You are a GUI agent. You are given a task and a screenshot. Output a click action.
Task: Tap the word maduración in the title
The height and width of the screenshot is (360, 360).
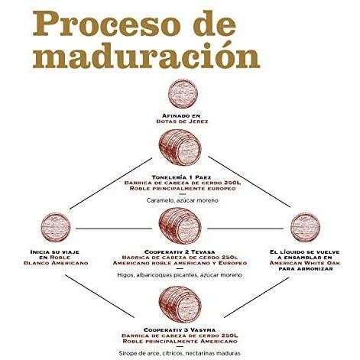point(146,55)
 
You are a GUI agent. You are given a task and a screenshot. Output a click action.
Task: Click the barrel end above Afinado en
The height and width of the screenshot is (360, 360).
point(183,94)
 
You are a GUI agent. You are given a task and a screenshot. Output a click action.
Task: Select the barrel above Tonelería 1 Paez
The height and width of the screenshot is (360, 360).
point(180,148)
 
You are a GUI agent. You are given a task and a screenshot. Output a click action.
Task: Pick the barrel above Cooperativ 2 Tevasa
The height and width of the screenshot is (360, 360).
point(180,225)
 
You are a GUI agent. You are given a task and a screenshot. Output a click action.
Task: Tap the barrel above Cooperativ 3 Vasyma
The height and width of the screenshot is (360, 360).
point(180,304)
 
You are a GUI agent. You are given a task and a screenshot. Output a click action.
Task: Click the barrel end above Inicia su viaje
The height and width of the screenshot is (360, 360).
point(56,227)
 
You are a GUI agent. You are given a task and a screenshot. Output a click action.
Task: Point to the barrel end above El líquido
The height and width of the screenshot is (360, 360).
point(305,227)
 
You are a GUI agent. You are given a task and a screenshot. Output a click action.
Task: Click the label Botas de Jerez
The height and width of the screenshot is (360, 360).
point(182,122)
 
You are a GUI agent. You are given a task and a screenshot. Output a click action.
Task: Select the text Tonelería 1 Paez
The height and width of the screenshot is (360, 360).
point(181,177)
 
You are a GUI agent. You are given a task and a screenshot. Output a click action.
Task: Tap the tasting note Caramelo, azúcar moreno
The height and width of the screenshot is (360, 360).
point(183,200)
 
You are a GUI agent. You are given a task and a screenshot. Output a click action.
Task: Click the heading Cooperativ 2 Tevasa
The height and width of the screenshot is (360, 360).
point(180,252)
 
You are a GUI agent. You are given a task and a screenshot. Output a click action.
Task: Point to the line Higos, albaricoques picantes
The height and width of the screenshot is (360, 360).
point(180,275)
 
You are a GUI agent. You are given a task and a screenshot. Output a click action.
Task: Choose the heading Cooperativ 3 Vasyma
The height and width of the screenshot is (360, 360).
point(180,330)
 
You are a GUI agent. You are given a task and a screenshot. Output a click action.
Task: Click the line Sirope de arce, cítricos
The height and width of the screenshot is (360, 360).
point(180,353)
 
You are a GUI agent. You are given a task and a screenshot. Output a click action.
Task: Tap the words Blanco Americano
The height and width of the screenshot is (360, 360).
point(56,263)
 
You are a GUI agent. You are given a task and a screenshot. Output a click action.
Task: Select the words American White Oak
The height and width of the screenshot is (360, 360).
point(305,263)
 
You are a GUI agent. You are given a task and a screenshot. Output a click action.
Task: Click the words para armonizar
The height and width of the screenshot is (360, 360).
point(305,268)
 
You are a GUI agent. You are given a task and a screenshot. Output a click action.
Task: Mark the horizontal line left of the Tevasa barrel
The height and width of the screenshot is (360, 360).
point(114,229)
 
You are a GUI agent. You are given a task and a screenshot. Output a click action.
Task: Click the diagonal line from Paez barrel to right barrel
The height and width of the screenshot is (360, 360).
point(249,182)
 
